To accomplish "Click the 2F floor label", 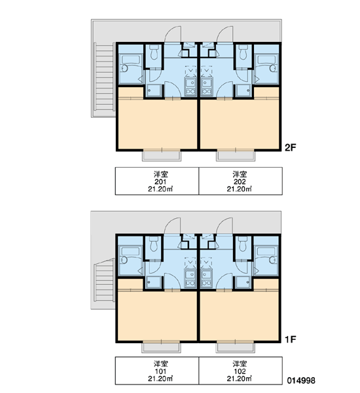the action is pyautogui.click(x=291, y=147).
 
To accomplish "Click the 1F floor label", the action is pyautogui.click(x=291, y=339).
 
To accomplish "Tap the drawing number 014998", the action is pyautogui.click(x=301, y=381).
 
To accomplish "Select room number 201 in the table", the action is pyautogui.click(x=160, y=181).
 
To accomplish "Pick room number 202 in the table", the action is pyautogui.click(x=240, y=181).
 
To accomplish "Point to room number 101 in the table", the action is pyautogui.click(x=160, y=371).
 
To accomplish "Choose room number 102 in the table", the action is pyautogui.click(x=240, y=371).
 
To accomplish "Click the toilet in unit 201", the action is pyautogui.click(x=154, y=52).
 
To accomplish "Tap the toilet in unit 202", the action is pyautogui.click(x=242, y=52).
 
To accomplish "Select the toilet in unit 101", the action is pyautogui.click(x=154, y=244).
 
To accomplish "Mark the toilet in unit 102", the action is pyautogui.click(x=242, y=244).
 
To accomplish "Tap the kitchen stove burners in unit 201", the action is pyautogui.click(x=190, y=92).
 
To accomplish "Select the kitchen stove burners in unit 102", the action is pyautogui.click(x=206, y=283).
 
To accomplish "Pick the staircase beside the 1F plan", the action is pyautogui.click(x=104, y=280).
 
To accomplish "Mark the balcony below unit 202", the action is pyautogui.click(x=236, y=156).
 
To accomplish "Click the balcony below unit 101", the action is pyautogui.click(x=161, y=348).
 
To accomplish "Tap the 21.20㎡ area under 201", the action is pyautogui.click(x=160, y=189).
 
